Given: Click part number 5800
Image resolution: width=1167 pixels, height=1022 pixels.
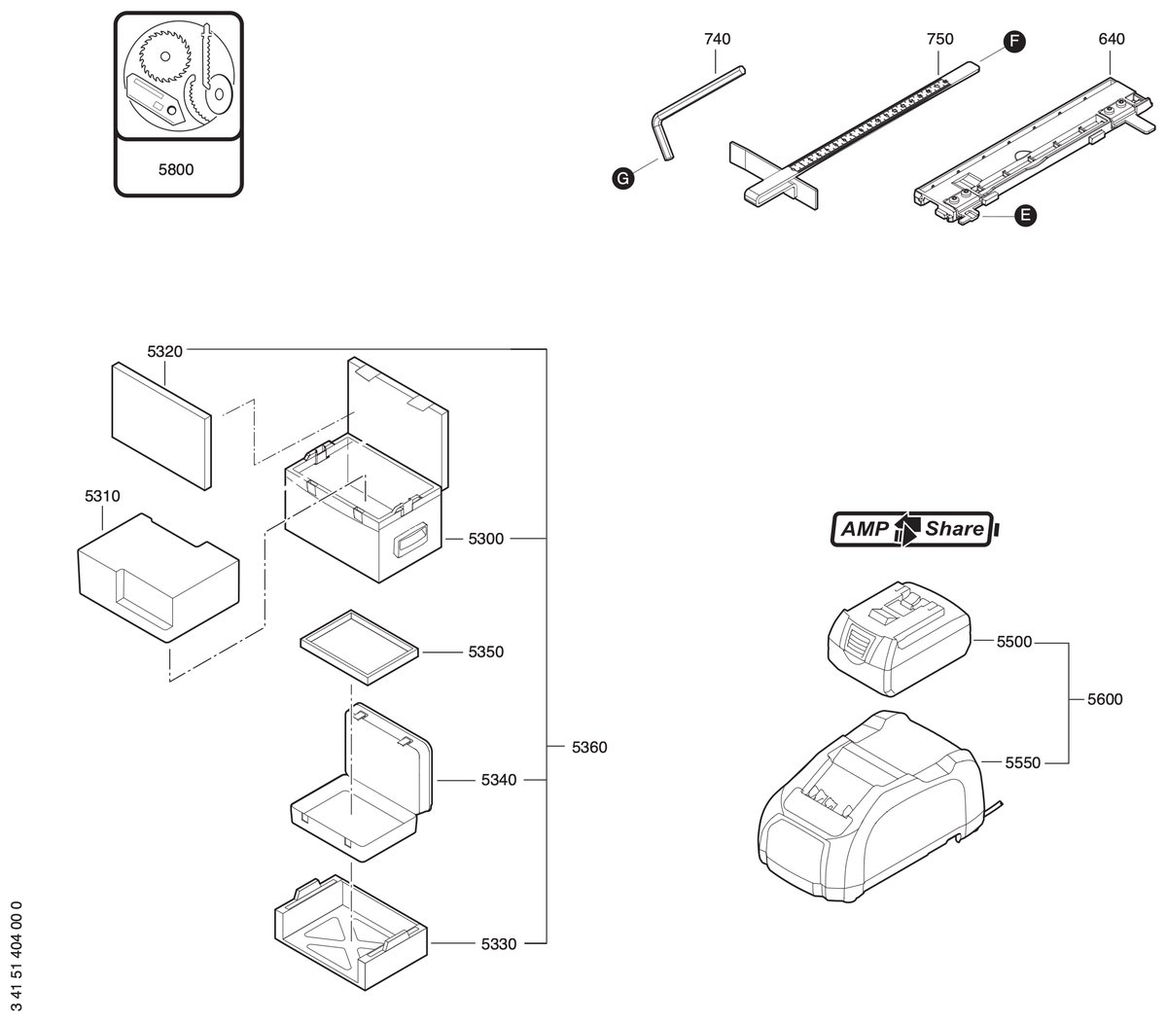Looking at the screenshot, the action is pos(176,169).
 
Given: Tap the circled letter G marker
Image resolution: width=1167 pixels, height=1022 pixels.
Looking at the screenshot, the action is pos(622,179).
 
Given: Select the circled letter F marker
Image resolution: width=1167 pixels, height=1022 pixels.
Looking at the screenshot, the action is pos(1014,41).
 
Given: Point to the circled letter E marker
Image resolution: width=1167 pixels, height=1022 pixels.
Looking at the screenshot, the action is pos(1025,216).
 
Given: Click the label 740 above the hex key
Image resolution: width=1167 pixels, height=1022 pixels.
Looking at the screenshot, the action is pos(717,39).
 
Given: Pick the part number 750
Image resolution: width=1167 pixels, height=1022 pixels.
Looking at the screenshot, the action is pos(940,39).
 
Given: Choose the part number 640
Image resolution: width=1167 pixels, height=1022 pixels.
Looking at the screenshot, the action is pos(1112,39).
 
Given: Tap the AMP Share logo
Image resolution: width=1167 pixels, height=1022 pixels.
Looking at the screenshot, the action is pos(914,529).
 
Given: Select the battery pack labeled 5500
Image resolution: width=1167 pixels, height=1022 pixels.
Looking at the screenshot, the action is pos(899,638).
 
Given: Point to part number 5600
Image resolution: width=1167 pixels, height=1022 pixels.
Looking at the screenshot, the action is pos(1105,699).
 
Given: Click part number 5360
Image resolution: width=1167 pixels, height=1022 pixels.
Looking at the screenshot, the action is pos(589,747).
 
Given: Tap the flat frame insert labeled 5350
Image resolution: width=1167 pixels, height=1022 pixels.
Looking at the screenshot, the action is pos(360,648).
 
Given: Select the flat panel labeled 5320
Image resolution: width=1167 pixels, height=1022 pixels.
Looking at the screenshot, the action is pos(161,426).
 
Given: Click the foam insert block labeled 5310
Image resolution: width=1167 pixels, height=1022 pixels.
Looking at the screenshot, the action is pos(159,578).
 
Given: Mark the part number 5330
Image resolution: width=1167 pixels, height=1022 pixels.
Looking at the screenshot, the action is pos(499,944).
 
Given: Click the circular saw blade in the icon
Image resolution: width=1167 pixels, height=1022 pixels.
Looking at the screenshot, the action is pos(164,55).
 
